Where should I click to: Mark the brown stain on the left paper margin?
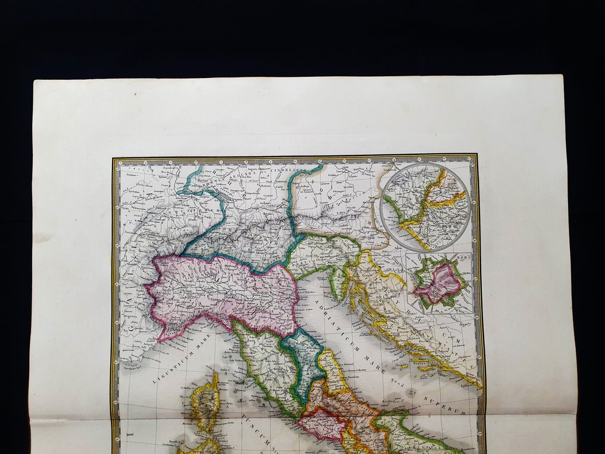(x=43, y=237)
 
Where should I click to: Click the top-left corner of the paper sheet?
(x=35, y=80)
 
